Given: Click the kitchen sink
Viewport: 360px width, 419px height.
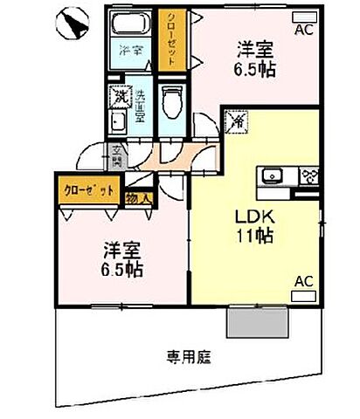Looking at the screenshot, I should pos(273,175).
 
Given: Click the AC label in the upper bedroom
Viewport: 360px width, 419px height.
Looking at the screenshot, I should pos(302,31).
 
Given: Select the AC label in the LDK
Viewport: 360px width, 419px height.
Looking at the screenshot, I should pos(303,281).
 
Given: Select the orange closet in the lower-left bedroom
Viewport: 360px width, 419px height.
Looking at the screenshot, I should pos(87,189).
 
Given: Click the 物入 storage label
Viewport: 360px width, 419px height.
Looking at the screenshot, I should pos(138,199).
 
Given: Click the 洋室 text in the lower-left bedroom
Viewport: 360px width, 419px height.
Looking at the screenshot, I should pos(121,250).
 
